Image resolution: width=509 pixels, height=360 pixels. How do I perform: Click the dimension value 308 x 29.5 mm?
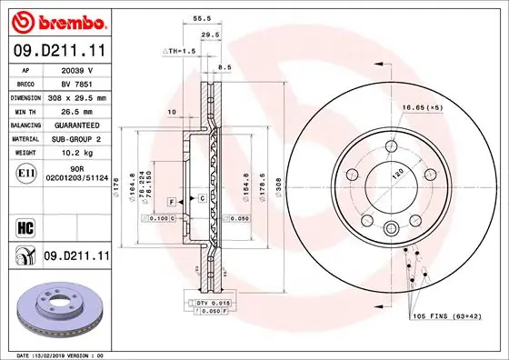click(x=76, y=97)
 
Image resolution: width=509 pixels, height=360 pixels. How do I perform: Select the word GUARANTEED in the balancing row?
click(x=76, y=125)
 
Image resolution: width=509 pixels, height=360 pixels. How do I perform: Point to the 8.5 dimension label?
click(x=225, y=66)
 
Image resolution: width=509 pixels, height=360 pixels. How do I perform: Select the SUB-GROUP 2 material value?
click(x=76, y=139)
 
